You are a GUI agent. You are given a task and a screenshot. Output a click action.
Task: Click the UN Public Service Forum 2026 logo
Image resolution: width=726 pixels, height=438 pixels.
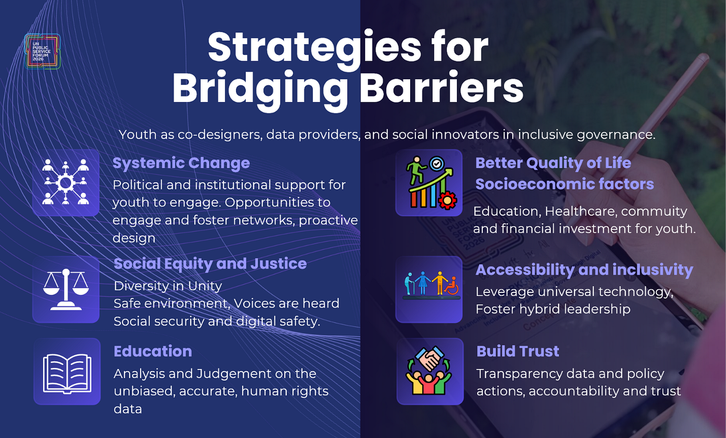pos(43,51)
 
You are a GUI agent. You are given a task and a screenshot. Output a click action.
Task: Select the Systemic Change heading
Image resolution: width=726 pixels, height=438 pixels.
pos(181,163)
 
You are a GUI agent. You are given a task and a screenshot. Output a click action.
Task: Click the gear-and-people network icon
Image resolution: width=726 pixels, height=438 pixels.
pos(66,182)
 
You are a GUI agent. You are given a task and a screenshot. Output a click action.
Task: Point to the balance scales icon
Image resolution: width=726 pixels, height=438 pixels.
pos(66,289)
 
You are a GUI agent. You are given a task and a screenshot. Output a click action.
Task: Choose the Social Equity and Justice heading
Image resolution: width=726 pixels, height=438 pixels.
pos(210,264)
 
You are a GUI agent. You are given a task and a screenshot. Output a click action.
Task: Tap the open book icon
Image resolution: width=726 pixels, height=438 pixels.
pos(67,374)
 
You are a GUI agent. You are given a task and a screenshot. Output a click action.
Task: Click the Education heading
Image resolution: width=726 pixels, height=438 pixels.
pos(152,351)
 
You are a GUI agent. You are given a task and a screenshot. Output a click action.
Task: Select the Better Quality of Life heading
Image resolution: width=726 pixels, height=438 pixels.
pos(553,163)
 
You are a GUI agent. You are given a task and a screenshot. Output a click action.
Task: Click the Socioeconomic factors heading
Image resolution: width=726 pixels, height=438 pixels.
pos(565,184)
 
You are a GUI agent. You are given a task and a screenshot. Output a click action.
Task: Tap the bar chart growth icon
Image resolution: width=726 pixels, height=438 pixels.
pos(429,182)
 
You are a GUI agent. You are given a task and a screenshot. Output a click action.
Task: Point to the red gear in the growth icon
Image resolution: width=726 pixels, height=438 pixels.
pos(448,201)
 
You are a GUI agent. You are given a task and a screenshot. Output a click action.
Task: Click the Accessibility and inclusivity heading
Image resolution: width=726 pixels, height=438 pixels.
pos(584,270)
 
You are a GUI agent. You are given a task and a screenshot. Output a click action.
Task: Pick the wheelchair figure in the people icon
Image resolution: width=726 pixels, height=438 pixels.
pos(452,286)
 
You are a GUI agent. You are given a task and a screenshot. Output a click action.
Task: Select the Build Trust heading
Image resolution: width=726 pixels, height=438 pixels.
pos(518,351)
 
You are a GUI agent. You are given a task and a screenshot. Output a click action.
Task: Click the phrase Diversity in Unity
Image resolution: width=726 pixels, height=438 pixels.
pos(168,286)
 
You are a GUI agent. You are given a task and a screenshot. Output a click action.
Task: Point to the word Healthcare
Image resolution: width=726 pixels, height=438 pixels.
pos(581,211)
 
